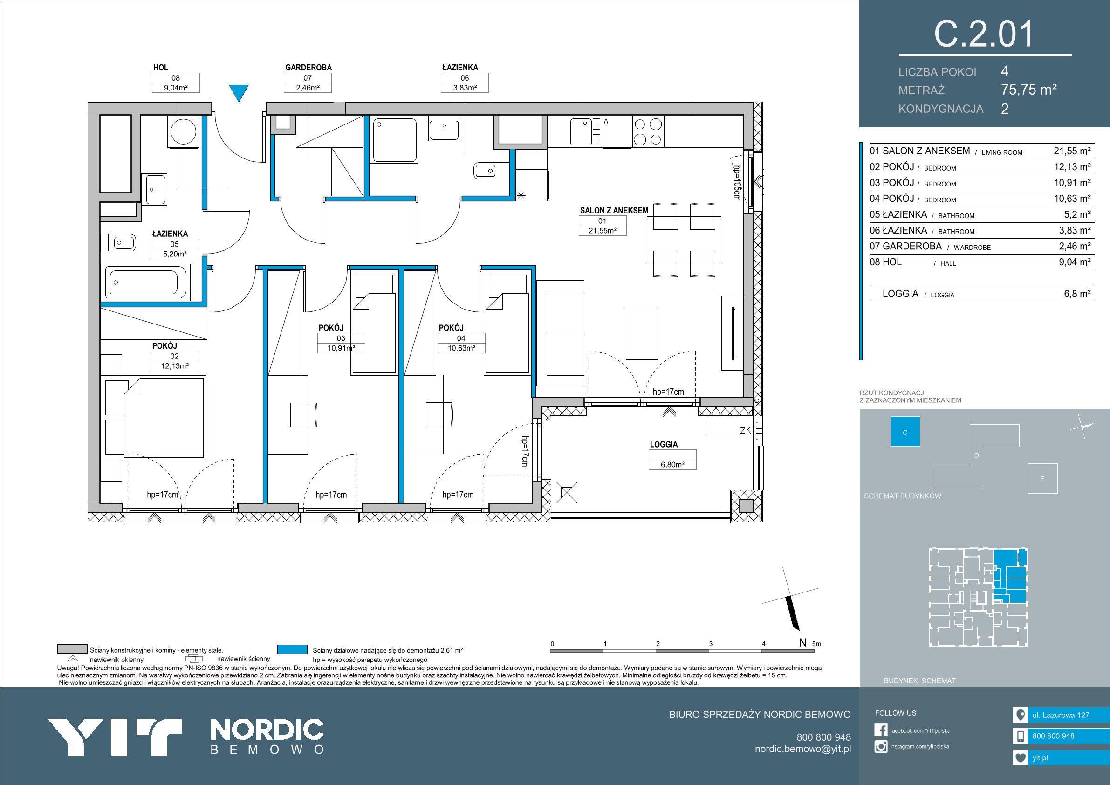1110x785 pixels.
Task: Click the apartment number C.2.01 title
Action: [x=984, y=34]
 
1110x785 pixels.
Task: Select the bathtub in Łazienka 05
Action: [x=145, y=282]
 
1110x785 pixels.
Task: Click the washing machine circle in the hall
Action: [x=183, y=130]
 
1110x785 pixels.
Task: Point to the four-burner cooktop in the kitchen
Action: [x=648, y=131]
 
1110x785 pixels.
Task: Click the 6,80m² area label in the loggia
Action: [x=672, y=464]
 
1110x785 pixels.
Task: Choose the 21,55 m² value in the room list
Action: [x=1072, y=151]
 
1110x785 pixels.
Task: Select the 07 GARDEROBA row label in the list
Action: [x=905, y=246]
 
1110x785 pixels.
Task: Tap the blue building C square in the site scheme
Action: [x=905, y=432]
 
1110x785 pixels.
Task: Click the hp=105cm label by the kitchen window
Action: [x=736, y=183]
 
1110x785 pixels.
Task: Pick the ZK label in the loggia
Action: [x=745, y=430]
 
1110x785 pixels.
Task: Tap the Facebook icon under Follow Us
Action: [x=880, y=730]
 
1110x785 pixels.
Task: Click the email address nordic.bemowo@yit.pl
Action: [x=803, y=749]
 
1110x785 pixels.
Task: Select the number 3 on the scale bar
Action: [x=711, y=644]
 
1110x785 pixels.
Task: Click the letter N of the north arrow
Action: [x=802, y=643]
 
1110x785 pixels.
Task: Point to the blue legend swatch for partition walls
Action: [x=293, y=649]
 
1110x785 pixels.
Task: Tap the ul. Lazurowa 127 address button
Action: [x=1061, y=715]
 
